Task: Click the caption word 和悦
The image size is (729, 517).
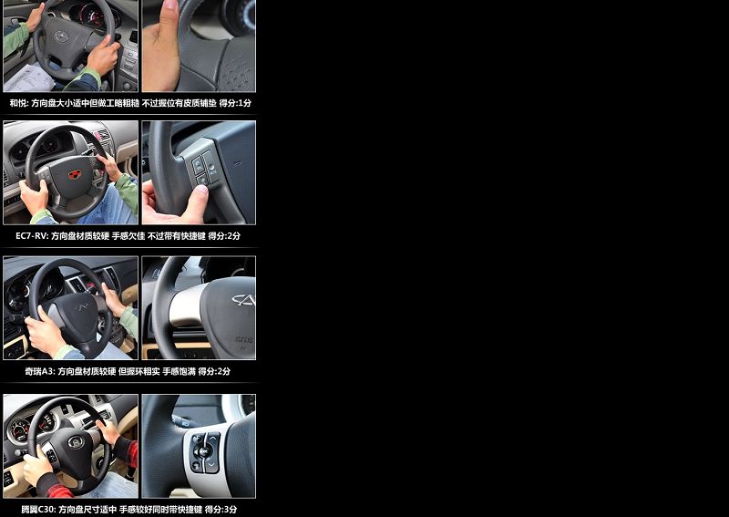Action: pos(19,103)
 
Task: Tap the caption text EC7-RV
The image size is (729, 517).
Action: pos(32,236)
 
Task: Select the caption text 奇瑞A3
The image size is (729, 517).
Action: pos(40,371)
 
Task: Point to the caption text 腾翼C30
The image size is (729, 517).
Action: pos(38,510)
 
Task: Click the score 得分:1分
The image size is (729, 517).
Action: pos(235,103)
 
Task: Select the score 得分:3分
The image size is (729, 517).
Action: pos(221,510)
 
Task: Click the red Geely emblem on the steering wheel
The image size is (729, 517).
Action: pos(75,174)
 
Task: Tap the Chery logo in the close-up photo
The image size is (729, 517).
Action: pos(243,300)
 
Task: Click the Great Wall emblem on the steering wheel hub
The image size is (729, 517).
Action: pos(76,441)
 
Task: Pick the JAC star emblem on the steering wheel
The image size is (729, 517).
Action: pos(61,36)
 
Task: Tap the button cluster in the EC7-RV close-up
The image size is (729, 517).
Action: pos(205,169)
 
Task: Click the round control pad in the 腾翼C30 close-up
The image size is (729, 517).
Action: pos(202,450)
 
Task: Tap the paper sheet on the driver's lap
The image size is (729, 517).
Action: pos(30,78)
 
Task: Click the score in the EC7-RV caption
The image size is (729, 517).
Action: pos(224,236)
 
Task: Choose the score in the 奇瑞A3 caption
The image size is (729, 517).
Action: pos(214,371)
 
